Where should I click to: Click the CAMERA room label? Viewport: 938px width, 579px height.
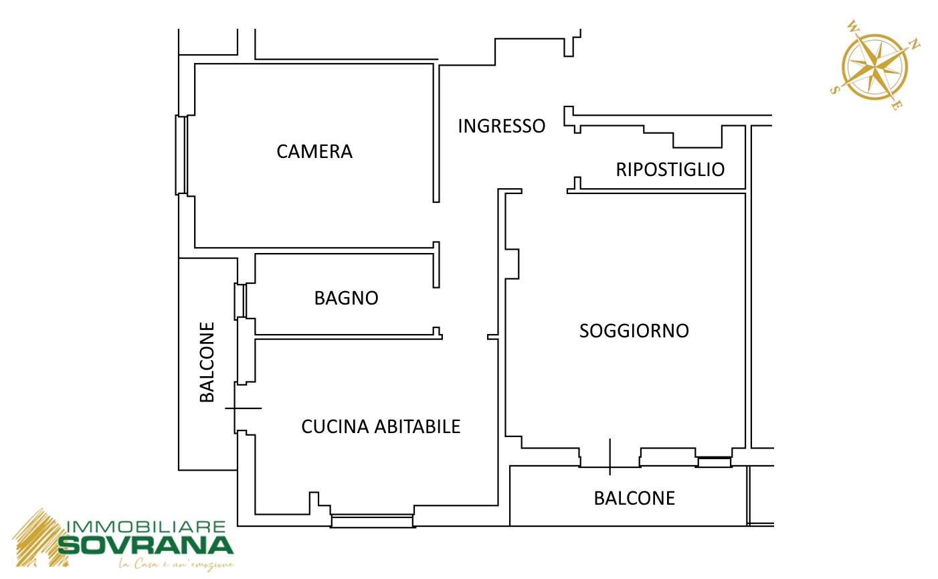point(314,152)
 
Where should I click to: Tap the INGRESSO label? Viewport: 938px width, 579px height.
point(502,126)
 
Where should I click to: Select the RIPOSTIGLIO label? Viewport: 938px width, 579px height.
point(670,169)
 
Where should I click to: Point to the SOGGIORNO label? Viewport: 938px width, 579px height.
point(634,331)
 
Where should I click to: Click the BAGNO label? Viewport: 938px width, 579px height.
point(347,299)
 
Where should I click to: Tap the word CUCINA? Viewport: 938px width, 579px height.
point(335,426)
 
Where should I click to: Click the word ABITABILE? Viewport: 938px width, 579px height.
point(417,426)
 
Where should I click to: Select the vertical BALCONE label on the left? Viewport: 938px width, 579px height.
point(207,362)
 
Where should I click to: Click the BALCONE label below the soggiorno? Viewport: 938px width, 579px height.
point(634,499)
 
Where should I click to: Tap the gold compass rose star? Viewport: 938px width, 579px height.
point(875,67)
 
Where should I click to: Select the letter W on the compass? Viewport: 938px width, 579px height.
point(853,26)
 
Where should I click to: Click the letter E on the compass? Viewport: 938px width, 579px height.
point(896,106)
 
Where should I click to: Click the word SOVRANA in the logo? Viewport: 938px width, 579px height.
point(145,546)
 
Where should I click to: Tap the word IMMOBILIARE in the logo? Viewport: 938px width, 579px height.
point(146,527)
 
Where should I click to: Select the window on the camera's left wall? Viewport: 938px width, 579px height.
point(181,155)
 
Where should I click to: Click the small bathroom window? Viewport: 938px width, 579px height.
point(240,301)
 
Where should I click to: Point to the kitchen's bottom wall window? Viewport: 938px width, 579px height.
point(372,521)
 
